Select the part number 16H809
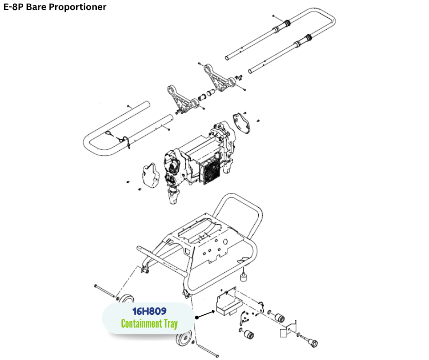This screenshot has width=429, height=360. (149, 312)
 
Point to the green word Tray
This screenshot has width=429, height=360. (170, 324)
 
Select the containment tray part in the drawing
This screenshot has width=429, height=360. (227, 305)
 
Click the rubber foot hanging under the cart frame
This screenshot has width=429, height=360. (245, 278)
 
